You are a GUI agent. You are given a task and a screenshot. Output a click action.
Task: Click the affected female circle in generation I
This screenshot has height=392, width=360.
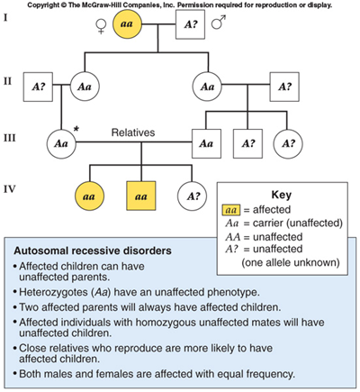pyautogui.click(x=127, y=24)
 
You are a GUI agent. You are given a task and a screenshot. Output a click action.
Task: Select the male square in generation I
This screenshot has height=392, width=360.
pyautogui.click(x=190, y=24)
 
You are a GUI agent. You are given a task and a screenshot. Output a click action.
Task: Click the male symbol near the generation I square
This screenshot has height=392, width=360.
pyautogui.click(x=218, y=23)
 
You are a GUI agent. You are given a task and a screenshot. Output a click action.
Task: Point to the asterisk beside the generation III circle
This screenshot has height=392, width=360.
pyautogui.click(x=76, y=129)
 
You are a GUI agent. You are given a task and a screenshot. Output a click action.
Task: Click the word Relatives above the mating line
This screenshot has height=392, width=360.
pyautogui.click(x=133, y=132)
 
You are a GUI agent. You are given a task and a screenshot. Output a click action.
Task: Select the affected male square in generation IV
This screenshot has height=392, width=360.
pyautogui.click(x=141, y=196)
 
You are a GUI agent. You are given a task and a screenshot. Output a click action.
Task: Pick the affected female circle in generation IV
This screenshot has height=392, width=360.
pyautogui.click(x=89, y=196)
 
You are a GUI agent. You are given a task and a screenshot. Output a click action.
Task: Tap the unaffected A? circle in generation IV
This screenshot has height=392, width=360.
pyautogui.click(x=192, y=196)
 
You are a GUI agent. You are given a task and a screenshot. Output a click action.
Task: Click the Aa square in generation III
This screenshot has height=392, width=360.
pyautogui.click(x=206, y=143)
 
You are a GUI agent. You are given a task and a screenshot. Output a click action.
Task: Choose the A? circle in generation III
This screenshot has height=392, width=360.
pyautogui.click(x=288, y=143)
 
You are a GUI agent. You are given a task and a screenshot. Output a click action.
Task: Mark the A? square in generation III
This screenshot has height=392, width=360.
pyautogui.click(x=247, y=143)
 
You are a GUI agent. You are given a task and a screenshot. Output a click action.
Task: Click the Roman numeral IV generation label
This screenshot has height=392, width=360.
pyautogui.click(x=10, y=189)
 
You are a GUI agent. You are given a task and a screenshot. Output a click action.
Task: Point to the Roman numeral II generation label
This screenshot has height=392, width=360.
pyautogui.click(x=7, y=81)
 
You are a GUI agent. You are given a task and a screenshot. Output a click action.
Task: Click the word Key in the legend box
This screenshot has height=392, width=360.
pyautogui.click(x=281, y=195)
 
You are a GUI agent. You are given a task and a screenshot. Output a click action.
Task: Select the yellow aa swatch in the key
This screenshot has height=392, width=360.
pyautogui.click(x=231, y=210)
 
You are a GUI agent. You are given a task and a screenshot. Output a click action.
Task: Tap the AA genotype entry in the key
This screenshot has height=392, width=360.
pyautogui.click(x=233, y=237)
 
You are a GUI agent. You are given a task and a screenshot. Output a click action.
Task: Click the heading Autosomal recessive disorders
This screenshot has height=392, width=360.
pyautogui.click(x=93, y=251)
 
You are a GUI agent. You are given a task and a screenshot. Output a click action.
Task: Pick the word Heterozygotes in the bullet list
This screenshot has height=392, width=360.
pyautogui.click(x=54, y=292)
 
